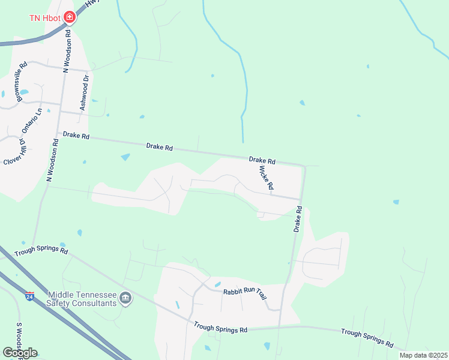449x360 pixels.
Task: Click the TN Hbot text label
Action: point(45,17)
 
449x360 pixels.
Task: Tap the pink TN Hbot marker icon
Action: point(70,17)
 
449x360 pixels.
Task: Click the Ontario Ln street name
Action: point(33,124)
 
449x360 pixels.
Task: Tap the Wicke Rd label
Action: point(266,179)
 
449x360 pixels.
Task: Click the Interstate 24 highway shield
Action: point(29,296)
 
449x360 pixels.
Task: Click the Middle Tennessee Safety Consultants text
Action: point(82,299)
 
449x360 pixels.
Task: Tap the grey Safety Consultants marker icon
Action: point(125,298)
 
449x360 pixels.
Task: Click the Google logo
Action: point(20,353)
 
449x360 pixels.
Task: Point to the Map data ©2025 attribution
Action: point(423,355)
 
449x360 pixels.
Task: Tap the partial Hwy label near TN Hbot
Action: point(91,4)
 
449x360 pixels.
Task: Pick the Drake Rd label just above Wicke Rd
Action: point(262,161)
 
